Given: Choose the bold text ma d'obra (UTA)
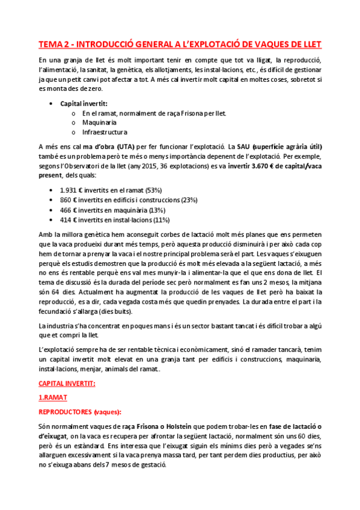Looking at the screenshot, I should [109, 147].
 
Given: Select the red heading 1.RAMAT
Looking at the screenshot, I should [53, 398].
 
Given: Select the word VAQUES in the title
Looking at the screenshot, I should [260, 45].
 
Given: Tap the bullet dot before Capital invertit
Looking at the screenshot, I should [56, 103].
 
